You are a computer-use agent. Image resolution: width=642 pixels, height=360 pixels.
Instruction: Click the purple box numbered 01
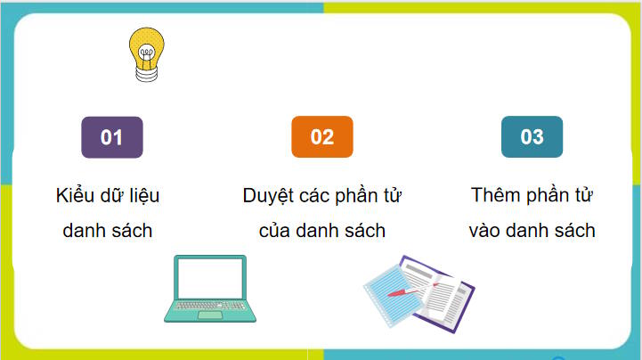click(111, 137)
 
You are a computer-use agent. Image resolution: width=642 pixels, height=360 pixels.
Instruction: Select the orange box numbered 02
click(321, 137)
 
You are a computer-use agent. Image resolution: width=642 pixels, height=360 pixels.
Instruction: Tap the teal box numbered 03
click(532, 137)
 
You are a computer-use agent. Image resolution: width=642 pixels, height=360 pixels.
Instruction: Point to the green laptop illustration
click(211, 288)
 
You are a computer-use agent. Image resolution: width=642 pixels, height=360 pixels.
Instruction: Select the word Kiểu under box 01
click(75, 196)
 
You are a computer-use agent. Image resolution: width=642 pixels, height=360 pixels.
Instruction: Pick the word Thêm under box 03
click(497, 196)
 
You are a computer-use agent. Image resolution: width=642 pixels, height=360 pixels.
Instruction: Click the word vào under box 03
click(487, 231)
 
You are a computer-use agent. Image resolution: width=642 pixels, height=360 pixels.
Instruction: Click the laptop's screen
click(211, 277)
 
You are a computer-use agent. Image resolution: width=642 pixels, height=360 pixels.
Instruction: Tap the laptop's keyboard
click(210, 308)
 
